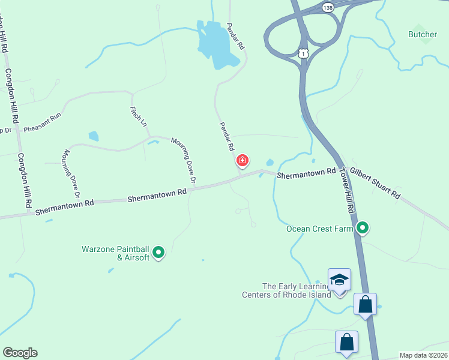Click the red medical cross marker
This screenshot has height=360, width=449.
pos(243,161)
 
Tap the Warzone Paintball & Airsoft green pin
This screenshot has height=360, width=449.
pos(158,253)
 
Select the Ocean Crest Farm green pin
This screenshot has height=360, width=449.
pos(363,227)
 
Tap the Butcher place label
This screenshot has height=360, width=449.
pos(423,34)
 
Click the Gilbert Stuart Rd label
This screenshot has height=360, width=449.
pos(375,184)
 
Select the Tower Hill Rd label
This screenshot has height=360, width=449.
pos(347,190)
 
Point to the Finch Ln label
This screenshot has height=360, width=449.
pos(138,116)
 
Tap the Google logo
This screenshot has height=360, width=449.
pos(20,353)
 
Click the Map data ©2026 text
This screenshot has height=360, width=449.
pos(423,355)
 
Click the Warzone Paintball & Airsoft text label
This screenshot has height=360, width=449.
pos(115,253)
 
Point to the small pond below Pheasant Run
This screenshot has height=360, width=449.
pos(93,136)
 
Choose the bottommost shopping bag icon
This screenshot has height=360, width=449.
pos(347,343)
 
